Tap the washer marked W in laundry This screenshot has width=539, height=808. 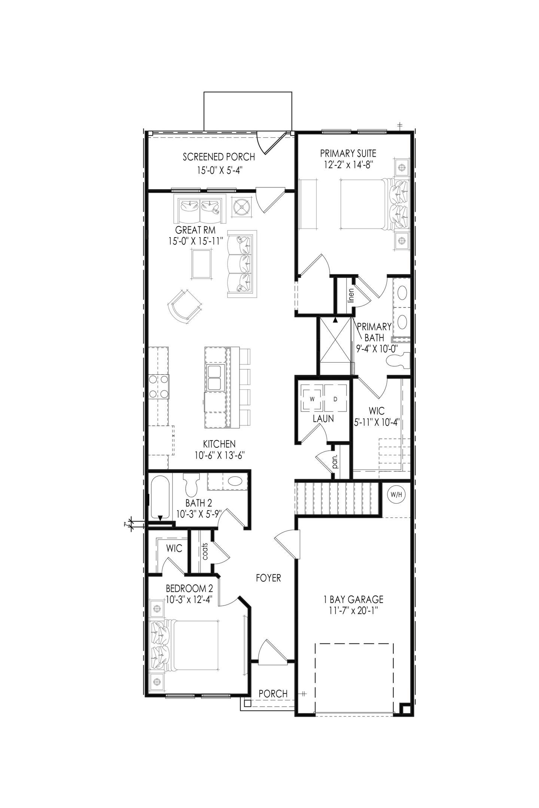[x=312, y=399]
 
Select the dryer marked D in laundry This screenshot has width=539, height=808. [x=335, y=399]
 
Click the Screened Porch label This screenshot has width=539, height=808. [x=219, y=157]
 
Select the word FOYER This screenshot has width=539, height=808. [x=268, y=578]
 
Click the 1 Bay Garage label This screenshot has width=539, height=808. [x=353, y=599]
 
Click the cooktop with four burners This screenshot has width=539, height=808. [x=158, y=387]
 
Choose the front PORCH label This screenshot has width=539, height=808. [x=273, y=694]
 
